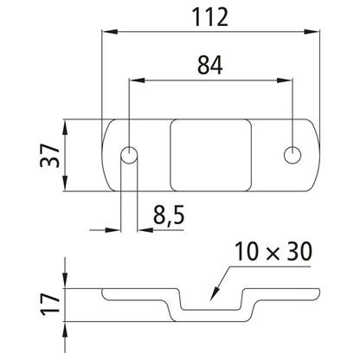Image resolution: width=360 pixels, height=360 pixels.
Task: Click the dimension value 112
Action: point(208,17)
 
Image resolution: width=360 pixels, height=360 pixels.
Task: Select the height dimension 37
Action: point(50,156)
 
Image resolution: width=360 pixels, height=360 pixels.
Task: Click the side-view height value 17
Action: point(50,303)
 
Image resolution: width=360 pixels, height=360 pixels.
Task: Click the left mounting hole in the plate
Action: point(129,157)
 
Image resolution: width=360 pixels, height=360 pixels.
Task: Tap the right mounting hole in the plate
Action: point(293,155)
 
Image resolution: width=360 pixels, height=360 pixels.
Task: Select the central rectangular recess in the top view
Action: point(212,156)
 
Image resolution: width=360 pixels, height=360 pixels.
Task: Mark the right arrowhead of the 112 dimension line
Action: point(309,33)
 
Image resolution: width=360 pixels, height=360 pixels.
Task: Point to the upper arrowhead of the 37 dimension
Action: point(67,125)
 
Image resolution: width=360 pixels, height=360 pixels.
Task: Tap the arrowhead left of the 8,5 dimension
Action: point(117,230)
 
